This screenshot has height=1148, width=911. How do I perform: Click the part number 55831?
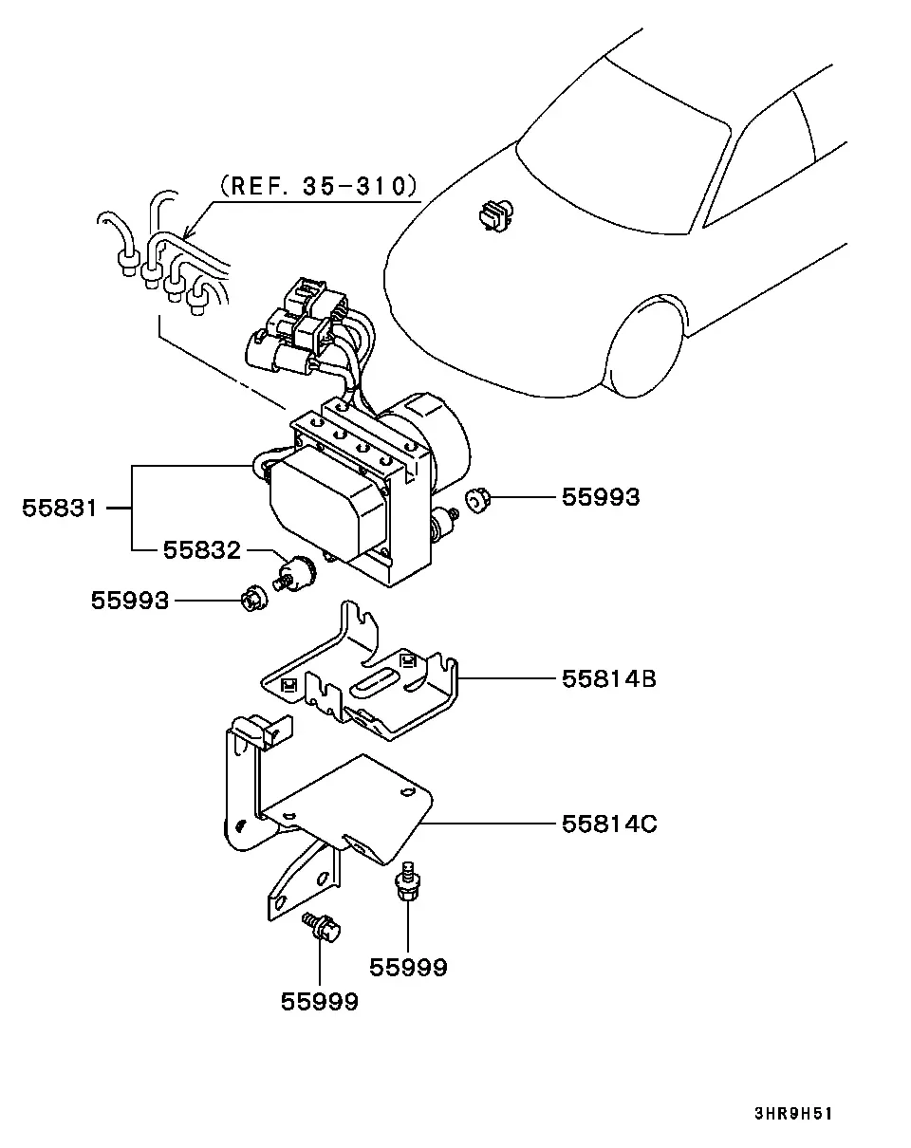pyautogui.click(x=60, y=508)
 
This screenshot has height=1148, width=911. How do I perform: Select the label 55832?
pyautogui.click(x=202, y=550)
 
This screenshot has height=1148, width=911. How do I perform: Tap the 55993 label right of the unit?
pyautogui.click(x=601, y=497)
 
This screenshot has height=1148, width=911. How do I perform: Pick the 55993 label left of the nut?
pyautogui.click(x=130, y=601)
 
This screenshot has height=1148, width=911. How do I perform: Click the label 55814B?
pyautogui.click(x=609, y=679)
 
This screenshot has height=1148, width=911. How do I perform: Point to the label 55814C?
pyautogui.click(x=609, y=824)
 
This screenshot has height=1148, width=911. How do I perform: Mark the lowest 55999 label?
pyautogui.click(x=320, y=1002)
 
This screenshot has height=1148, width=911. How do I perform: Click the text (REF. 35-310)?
pyautogui.click(x=319, y=186)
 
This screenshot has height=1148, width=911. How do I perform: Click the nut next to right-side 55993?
pyautogui.click(x=477, y=501)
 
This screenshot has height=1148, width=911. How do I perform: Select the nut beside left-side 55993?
pyautogui.click(x=255, y=602)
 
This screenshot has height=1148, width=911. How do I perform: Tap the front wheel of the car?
pyautogui.click(x=643, y=348)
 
